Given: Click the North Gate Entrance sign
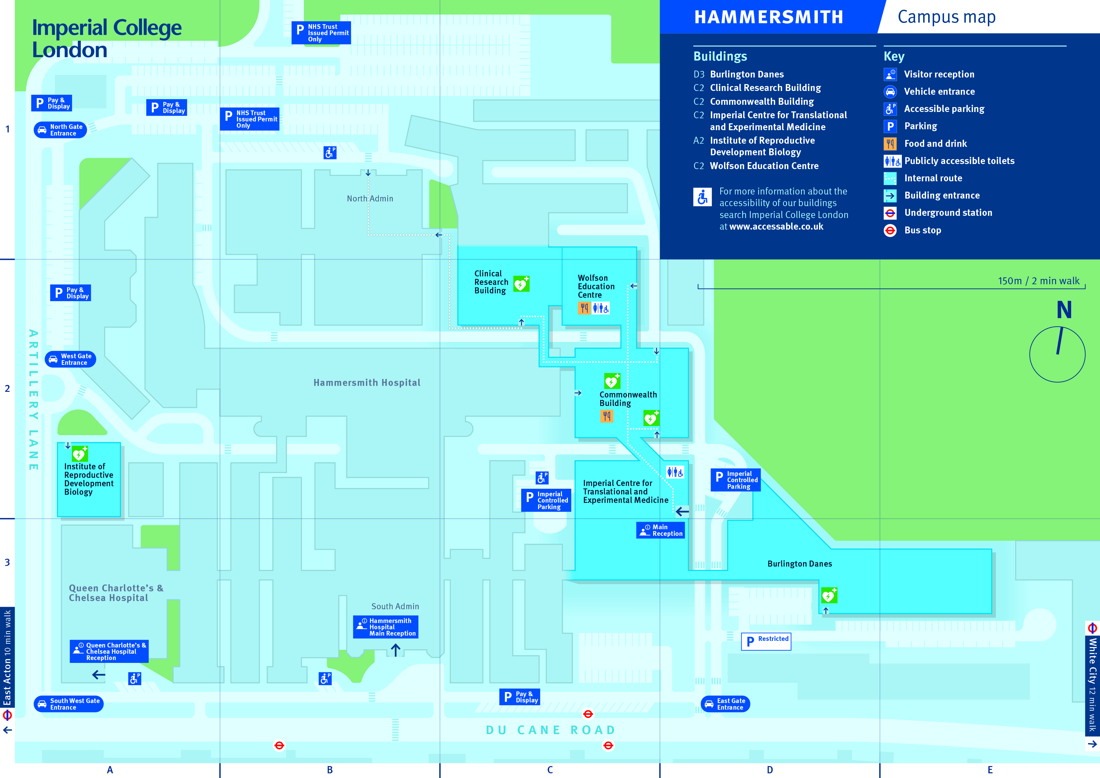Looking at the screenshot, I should click(x=61, y=130).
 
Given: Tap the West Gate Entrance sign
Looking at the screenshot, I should click(x=71, y=359).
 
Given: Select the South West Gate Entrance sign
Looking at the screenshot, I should click(x=68, y=704).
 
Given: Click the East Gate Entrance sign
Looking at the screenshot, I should click(x=725, y=704).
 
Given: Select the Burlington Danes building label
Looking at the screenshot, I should click(x=800, y=564).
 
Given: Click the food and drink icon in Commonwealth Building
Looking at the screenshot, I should click(x=606, y=416).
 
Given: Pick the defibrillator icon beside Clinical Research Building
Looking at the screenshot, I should click(x=521, y=284).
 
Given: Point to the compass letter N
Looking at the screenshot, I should click(x=1064, y=310).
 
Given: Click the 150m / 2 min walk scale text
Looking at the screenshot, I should click(x=1038, y=281).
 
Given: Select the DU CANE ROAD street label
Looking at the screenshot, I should click(x=551, y=730).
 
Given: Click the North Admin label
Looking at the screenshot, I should click(x=370, y=199).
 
